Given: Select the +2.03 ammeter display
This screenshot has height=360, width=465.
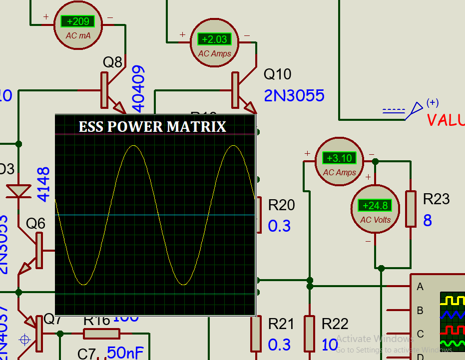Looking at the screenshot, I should tap(214, 39).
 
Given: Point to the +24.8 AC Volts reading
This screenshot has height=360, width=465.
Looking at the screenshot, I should tap(375, 206).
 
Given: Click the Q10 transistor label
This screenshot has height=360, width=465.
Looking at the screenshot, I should tap(277, 74).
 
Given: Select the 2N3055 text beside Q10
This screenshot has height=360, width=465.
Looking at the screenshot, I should tap(294, 95).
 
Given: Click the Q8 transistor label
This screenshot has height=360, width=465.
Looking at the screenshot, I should tap(112, 62).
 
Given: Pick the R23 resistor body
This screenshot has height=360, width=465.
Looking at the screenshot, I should tap(411, 209).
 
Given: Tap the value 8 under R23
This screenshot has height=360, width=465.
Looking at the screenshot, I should tap(428, 221).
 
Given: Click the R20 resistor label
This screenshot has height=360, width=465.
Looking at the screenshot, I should tap(281, 205).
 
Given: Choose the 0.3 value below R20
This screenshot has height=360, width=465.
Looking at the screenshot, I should tap(279, 226).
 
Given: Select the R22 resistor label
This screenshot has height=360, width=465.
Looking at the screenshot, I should tap(335, 324).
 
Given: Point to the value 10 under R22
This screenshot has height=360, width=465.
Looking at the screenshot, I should tap(330, 345).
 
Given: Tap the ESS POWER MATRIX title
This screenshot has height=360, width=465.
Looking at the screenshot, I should tap(152, 127).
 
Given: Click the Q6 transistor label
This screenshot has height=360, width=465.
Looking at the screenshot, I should tap(35, 224).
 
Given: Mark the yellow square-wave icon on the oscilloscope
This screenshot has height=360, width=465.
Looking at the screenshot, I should tap(452, 299).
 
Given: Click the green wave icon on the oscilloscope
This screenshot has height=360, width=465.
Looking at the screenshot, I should tap(452, 344).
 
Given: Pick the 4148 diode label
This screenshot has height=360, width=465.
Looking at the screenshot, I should tap(44, 184).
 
